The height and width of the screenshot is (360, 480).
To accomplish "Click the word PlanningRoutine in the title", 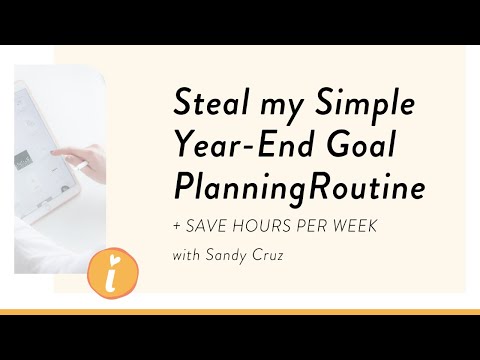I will [x=297, y=187].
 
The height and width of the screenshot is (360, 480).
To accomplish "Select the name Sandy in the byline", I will [x=226, y=256].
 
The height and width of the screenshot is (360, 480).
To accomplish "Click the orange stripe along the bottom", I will [x=240, y=312].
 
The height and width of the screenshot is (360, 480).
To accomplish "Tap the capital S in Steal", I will [x=184, y=103].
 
